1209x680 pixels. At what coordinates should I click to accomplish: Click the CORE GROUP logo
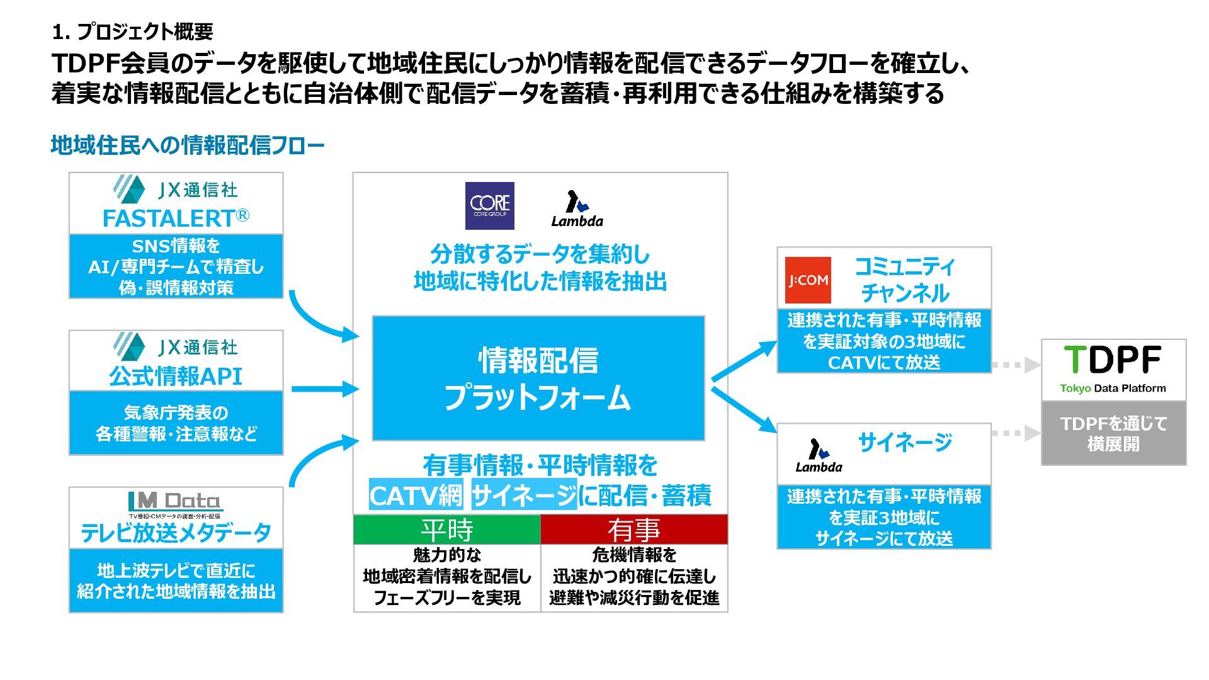point(489,206)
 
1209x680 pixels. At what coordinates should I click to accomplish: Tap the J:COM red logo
point(808,280)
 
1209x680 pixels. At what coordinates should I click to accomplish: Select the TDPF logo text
point(1113,360)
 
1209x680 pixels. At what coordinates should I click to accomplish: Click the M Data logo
point(175,502)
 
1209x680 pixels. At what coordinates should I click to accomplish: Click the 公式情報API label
point(176,376)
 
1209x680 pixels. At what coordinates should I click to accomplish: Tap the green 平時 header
point(447,530)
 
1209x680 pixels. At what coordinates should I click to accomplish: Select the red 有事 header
point(634,530)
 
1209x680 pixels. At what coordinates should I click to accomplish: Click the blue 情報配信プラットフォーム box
point(538,378)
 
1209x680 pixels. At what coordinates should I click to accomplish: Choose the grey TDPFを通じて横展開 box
point(1113,433)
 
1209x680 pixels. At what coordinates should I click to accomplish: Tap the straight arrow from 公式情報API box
point(325,389)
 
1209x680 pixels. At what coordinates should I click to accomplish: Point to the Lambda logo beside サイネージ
point(818,456)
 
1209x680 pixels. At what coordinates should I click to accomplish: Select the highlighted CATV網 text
point(416,496)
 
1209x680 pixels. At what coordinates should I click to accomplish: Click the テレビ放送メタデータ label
point(176,533)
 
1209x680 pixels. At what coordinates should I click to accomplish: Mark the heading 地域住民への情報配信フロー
point(188,145)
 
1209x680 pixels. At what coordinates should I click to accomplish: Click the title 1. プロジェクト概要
point(133,31)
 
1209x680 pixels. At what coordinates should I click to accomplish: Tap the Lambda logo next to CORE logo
point(577,209)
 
